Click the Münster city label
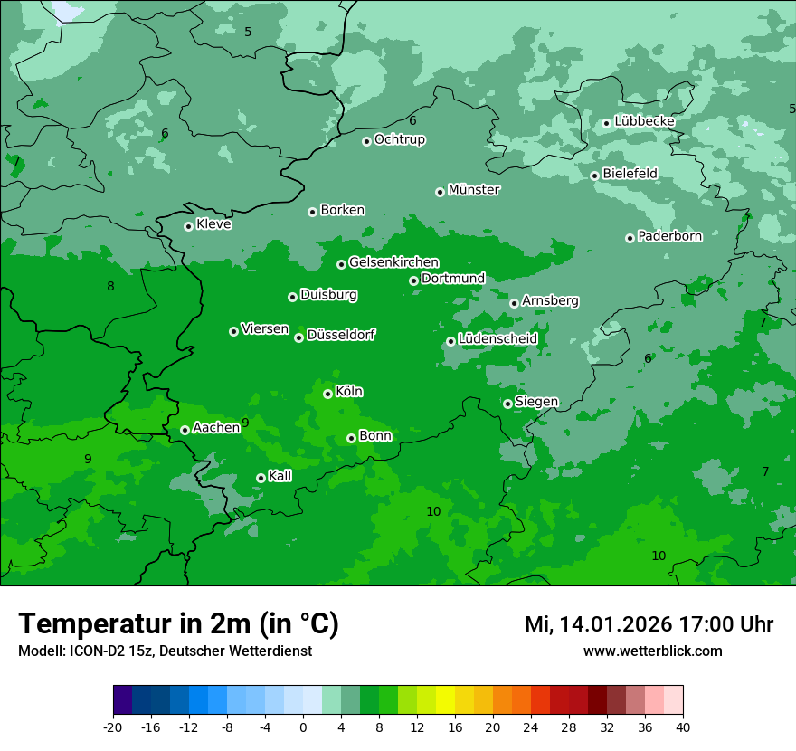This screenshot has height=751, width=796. coord(474,190)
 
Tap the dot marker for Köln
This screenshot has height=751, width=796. coord(327,394)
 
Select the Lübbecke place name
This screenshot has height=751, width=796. coord(644,121)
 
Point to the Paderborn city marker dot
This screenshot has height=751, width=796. coord(630,238)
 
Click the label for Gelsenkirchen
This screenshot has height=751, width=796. coord(393,262)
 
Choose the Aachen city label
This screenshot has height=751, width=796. coord(216,428)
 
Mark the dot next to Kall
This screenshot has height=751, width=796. coord(261,478)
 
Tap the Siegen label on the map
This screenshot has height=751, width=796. coord(536,402)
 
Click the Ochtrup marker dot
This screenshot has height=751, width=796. coord(366,141)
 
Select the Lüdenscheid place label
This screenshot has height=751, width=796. coord(497,339)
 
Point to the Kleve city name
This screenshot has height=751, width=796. coord(213,224)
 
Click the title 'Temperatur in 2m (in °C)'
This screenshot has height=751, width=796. coord(178,624)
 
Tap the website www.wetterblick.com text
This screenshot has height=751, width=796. coord(652,651)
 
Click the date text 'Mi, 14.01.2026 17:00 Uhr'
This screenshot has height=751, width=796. coord(649,624)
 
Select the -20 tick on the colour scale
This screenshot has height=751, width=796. coord(113,727)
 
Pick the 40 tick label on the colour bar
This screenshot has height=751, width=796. coord(683,727)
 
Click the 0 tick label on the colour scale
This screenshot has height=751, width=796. coord(303,727)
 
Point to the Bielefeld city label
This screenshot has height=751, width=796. coord(630,174)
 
